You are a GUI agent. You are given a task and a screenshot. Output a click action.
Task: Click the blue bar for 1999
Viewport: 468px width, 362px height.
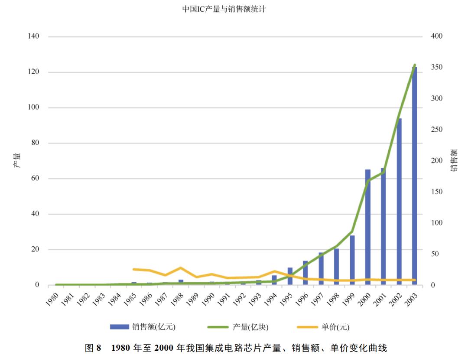352,260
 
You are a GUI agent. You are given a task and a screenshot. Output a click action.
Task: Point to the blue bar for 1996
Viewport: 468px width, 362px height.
305,273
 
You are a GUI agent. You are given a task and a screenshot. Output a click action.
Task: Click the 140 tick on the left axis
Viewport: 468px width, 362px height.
34,36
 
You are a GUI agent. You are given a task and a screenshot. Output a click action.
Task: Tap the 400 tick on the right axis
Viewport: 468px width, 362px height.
436,36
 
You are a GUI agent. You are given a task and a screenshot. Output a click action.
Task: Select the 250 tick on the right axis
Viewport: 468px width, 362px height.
436,130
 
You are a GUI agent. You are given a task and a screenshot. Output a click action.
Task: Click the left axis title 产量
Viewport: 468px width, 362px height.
17,160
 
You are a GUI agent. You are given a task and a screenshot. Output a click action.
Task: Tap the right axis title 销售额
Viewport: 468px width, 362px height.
454,160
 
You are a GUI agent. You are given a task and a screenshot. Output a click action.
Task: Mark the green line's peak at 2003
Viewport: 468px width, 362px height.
415,65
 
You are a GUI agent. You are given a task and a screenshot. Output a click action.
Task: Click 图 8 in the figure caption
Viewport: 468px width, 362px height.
93,348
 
